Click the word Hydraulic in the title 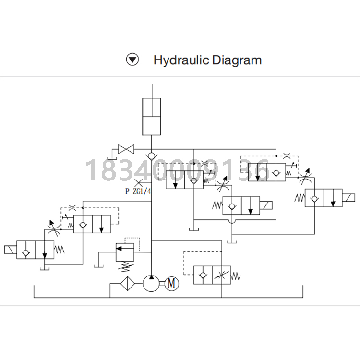point(181,60)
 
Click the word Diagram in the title point(237,60)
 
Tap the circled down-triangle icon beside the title point(132,60)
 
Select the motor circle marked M point(171,283)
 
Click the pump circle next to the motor point(151,283)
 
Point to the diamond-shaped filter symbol point(127,284)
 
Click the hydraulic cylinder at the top point(152,117)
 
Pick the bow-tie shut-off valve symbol point(126,149)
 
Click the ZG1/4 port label point(142,191)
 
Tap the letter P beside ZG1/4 point(127,191)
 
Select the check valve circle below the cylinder point(152,156)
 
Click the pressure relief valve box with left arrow point(125,252)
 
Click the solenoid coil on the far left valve point(11,250)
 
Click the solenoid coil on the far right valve point(348,198)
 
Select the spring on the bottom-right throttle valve point(236,276)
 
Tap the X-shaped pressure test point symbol point(138,183)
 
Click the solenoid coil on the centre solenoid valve point(266,205)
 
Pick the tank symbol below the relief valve point(98,266)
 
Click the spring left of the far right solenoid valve point(300,198)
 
